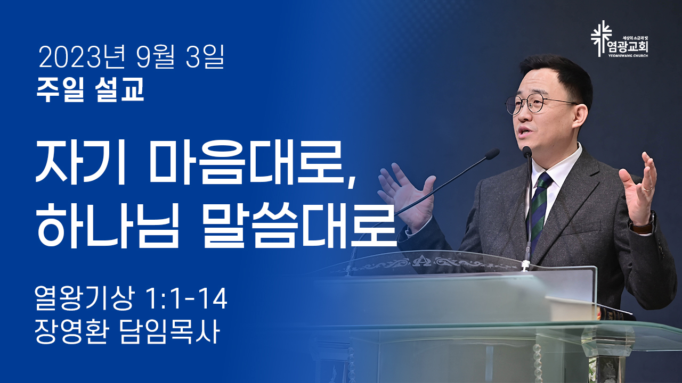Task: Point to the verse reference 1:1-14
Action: (186, 299)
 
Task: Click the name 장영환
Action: (71, 331)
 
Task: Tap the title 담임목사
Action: (169, 331)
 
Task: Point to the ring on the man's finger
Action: (647, 189)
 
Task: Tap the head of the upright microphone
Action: (527, 152)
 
